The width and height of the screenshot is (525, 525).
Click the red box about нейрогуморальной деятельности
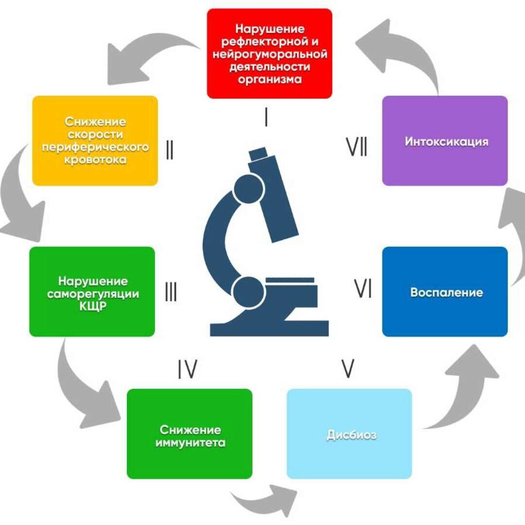[269, 53]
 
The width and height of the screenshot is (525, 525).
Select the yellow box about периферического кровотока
[95, 140]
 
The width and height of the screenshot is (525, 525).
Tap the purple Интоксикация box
[445, 140]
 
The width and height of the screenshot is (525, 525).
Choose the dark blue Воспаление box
[445, 292]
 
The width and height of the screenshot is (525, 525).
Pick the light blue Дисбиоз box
[349, 434]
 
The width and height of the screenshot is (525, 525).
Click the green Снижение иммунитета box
[190, 434]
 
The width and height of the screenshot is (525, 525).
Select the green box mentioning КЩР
[92, 292]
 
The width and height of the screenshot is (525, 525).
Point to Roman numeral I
[266, 118]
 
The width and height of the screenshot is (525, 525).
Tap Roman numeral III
[171, 293]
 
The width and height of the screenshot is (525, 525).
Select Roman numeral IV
[187, 370]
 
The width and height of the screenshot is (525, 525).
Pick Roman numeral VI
[363, 290]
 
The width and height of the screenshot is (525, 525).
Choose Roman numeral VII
[357, 146]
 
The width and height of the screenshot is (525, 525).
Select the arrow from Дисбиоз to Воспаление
[462, 389]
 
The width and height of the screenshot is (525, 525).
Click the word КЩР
[92, 307]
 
